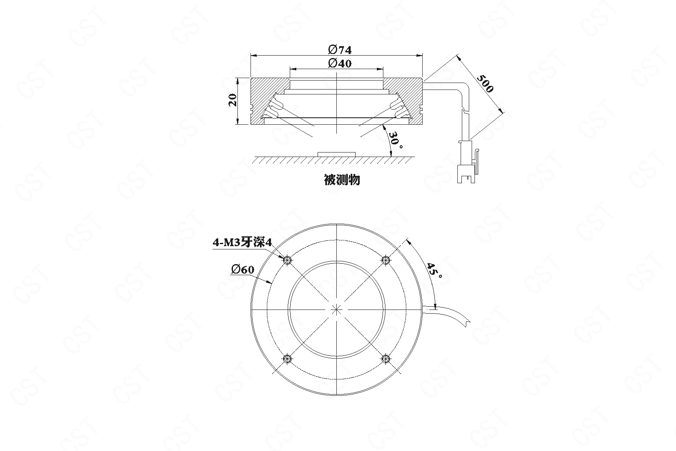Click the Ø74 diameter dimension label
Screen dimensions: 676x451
click(x=340, y=49)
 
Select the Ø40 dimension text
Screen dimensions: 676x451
click(x=340, y=63)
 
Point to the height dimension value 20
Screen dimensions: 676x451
click(x=233, y=100)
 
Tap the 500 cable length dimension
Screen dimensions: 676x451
click(x=485, y=83)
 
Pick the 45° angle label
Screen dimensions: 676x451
click(x=434, y=271)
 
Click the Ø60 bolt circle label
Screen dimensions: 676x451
click(x=243, y=269)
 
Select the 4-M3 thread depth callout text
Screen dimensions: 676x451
click(x=243, y=242)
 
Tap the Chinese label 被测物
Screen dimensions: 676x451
click(x=342, y=180)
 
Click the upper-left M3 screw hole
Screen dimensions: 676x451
click(x=287, y=260)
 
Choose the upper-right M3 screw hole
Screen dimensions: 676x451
click(x=386, y=260)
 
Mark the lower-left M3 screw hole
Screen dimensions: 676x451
click(x=287, y=359)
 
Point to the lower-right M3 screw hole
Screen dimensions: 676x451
click(x=386, y=359)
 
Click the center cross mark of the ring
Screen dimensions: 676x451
click(x=336, y=310)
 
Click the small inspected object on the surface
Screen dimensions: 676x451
click(x=336, y=155)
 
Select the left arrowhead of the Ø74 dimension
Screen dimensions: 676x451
click(x=254, y=56)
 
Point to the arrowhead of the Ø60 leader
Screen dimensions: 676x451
click(x=270, y=283)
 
